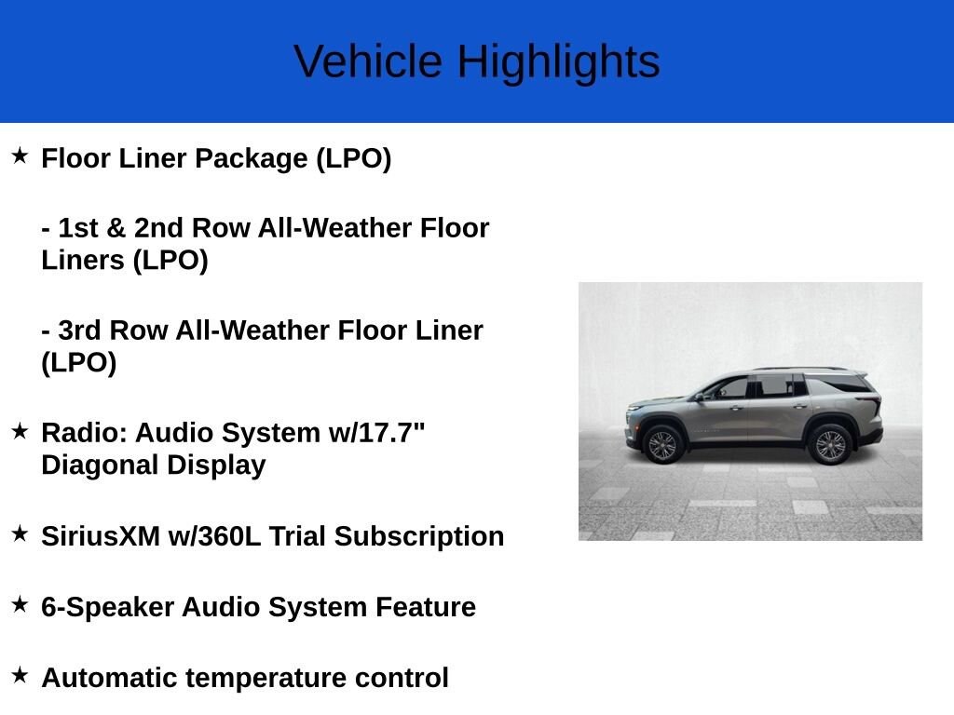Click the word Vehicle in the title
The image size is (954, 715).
click(x=368, y=61)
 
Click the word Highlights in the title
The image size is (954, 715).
click(x=559, y=63)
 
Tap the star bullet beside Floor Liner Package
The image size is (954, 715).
click(x=20, y=155)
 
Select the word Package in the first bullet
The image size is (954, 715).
click(x=252, y=159)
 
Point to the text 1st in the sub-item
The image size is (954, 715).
click(x=78, y=228)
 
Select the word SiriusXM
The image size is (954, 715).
click(x=101, y=536)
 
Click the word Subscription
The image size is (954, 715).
click(x=419, y=537)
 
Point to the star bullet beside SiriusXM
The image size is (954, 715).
click(x=20, y=533)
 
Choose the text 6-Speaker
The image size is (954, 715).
click(x=108, y=608)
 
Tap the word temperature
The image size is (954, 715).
click(x=266, y=679)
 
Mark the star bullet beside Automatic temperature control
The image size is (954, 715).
click(x=20, y=675)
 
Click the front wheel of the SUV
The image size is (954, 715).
click(x=663, y=445)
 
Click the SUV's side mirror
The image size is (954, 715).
click(x=701, y=397)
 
